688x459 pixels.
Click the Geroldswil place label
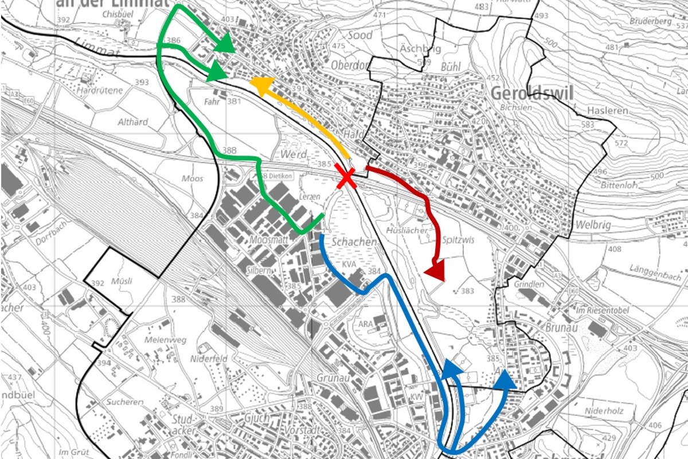pyautogui.click(x=533, y=94)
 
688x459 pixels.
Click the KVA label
pyautogui.click(x=349, y=264)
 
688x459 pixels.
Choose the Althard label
pyautogui.click(x=132, y=122)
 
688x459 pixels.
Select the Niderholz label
pyautogui.click(x=603, y=411)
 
